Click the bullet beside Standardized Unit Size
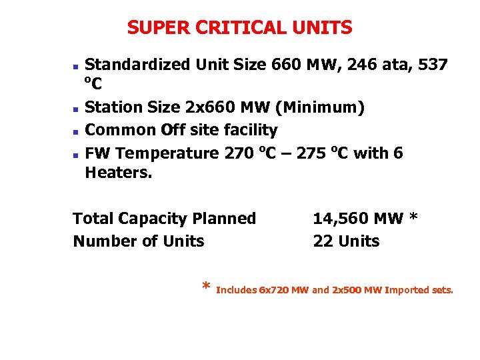coord(76,67)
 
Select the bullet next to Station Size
coord(76,108)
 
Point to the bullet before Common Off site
coord(76,131)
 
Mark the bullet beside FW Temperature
coord(76,154)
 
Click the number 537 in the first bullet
coord(431,65)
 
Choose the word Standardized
coord(138,65)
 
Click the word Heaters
coord(119,173)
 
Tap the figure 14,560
coord(341,219)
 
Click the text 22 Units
coord(346,241)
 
